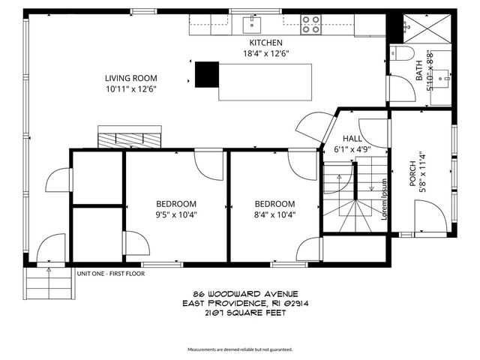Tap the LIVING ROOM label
coord(130,78)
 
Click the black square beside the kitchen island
coord(206,75)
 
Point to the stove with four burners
coord(311,25)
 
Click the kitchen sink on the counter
coord(251,25)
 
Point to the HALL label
coord(352,139)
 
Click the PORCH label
coord(424,181)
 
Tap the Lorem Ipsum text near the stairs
coord(384,198)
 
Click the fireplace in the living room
coord(129,139)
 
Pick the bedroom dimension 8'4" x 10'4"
coord(274,214)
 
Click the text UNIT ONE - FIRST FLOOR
coord(110,274)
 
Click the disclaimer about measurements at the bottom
coord(240,349)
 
